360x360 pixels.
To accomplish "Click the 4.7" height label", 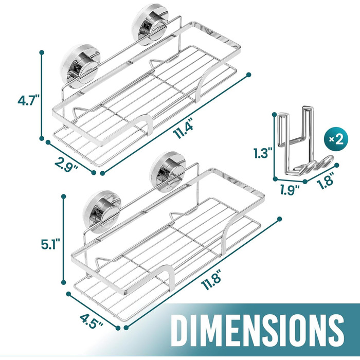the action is point(29,101).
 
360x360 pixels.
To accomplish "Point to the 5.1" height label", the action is point(50,244).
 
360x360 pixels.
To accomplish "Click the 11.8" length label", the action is point(211,280).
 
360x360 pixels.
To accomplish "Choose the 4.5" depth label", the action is point(92,321).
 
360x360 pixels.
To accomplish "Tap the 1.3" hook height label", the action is point(263,153).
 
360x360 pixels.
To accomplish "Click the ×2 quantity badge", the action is point(336,139).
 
